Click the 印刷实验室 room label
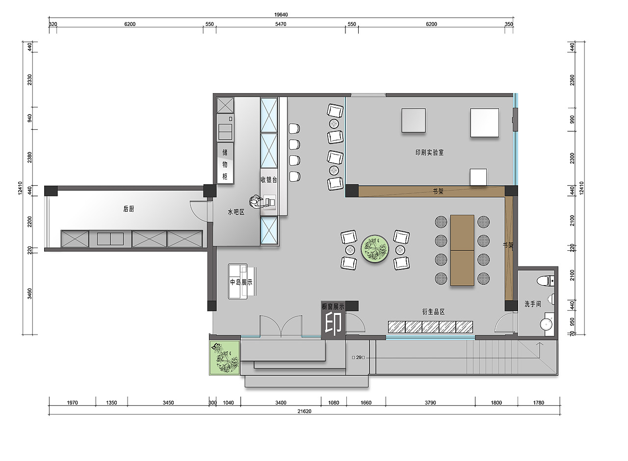(429, 152)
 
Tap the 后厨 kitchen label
(129, 209)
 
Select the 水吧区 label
(236, 212)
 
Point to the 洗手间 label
(533, 304)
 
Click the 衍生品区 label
(433, 312)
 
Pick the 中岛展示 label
(241, 282)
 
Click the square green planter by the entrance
(225, 358)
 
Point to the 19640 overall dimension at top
(281, 15)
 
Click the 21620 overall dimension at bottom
(305, 411)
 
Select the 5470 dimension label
(281, 24)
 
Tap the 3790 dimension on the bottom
(430, 403)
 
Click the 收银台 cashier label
(269, 180)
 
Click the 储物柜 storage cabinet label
(225, 164)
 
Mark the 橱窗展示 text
(333, 307)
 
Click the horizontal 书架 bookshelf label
(438, 192)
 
